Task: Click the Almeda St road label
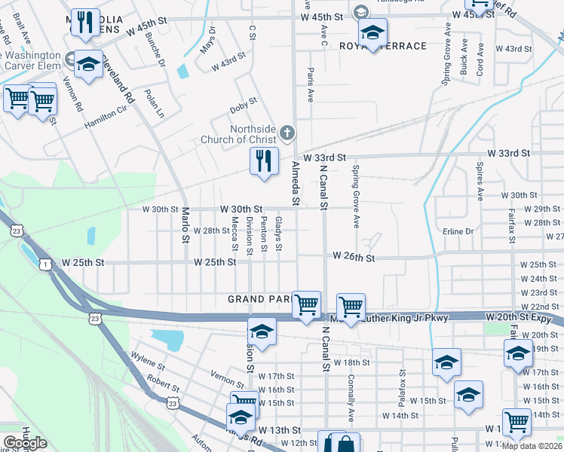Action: [x=296, y=187]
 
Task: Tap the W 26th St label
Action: [x=354, y=258]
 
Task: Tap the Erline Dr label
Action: [x=458, y=231]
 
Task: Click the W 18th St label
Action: [x=353, y=362]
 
